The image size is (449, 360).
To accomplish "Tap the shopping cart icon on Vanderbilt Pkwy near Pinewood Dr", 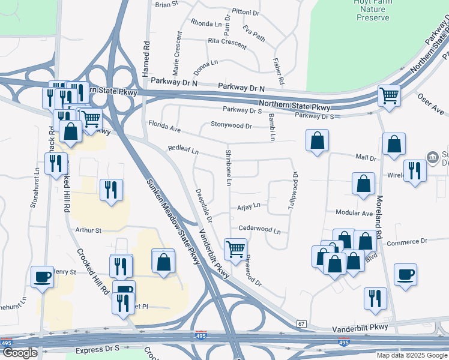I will [235, 248].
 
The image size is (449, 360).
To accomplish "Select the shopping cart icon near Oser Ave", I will [390, 95].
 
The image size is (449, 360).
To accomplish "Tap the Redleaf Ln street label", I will [183, 148].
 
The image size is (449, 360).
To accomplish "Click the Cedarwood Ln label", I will [259, 229].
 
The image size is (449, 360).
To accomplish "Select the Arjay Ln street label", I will [249, 205].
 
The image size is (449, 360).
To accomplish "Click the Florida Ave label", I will [164, 126].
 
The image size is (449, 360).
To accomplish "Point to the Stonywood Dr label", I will [231, 125].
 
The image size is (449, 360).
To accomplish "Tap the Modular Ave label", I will [354, 213].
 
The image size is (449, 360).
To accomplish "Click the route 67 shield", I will [301, 324].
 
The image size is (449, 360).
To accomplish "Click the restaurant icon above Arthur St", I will [111, 190].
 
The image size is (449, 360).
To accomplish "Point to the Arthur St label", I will [88, 230].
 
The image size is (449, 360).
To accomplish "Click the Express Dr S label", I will [97, 349].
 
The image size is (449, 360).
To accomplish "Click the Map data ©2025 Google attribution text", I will [412, 355].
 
